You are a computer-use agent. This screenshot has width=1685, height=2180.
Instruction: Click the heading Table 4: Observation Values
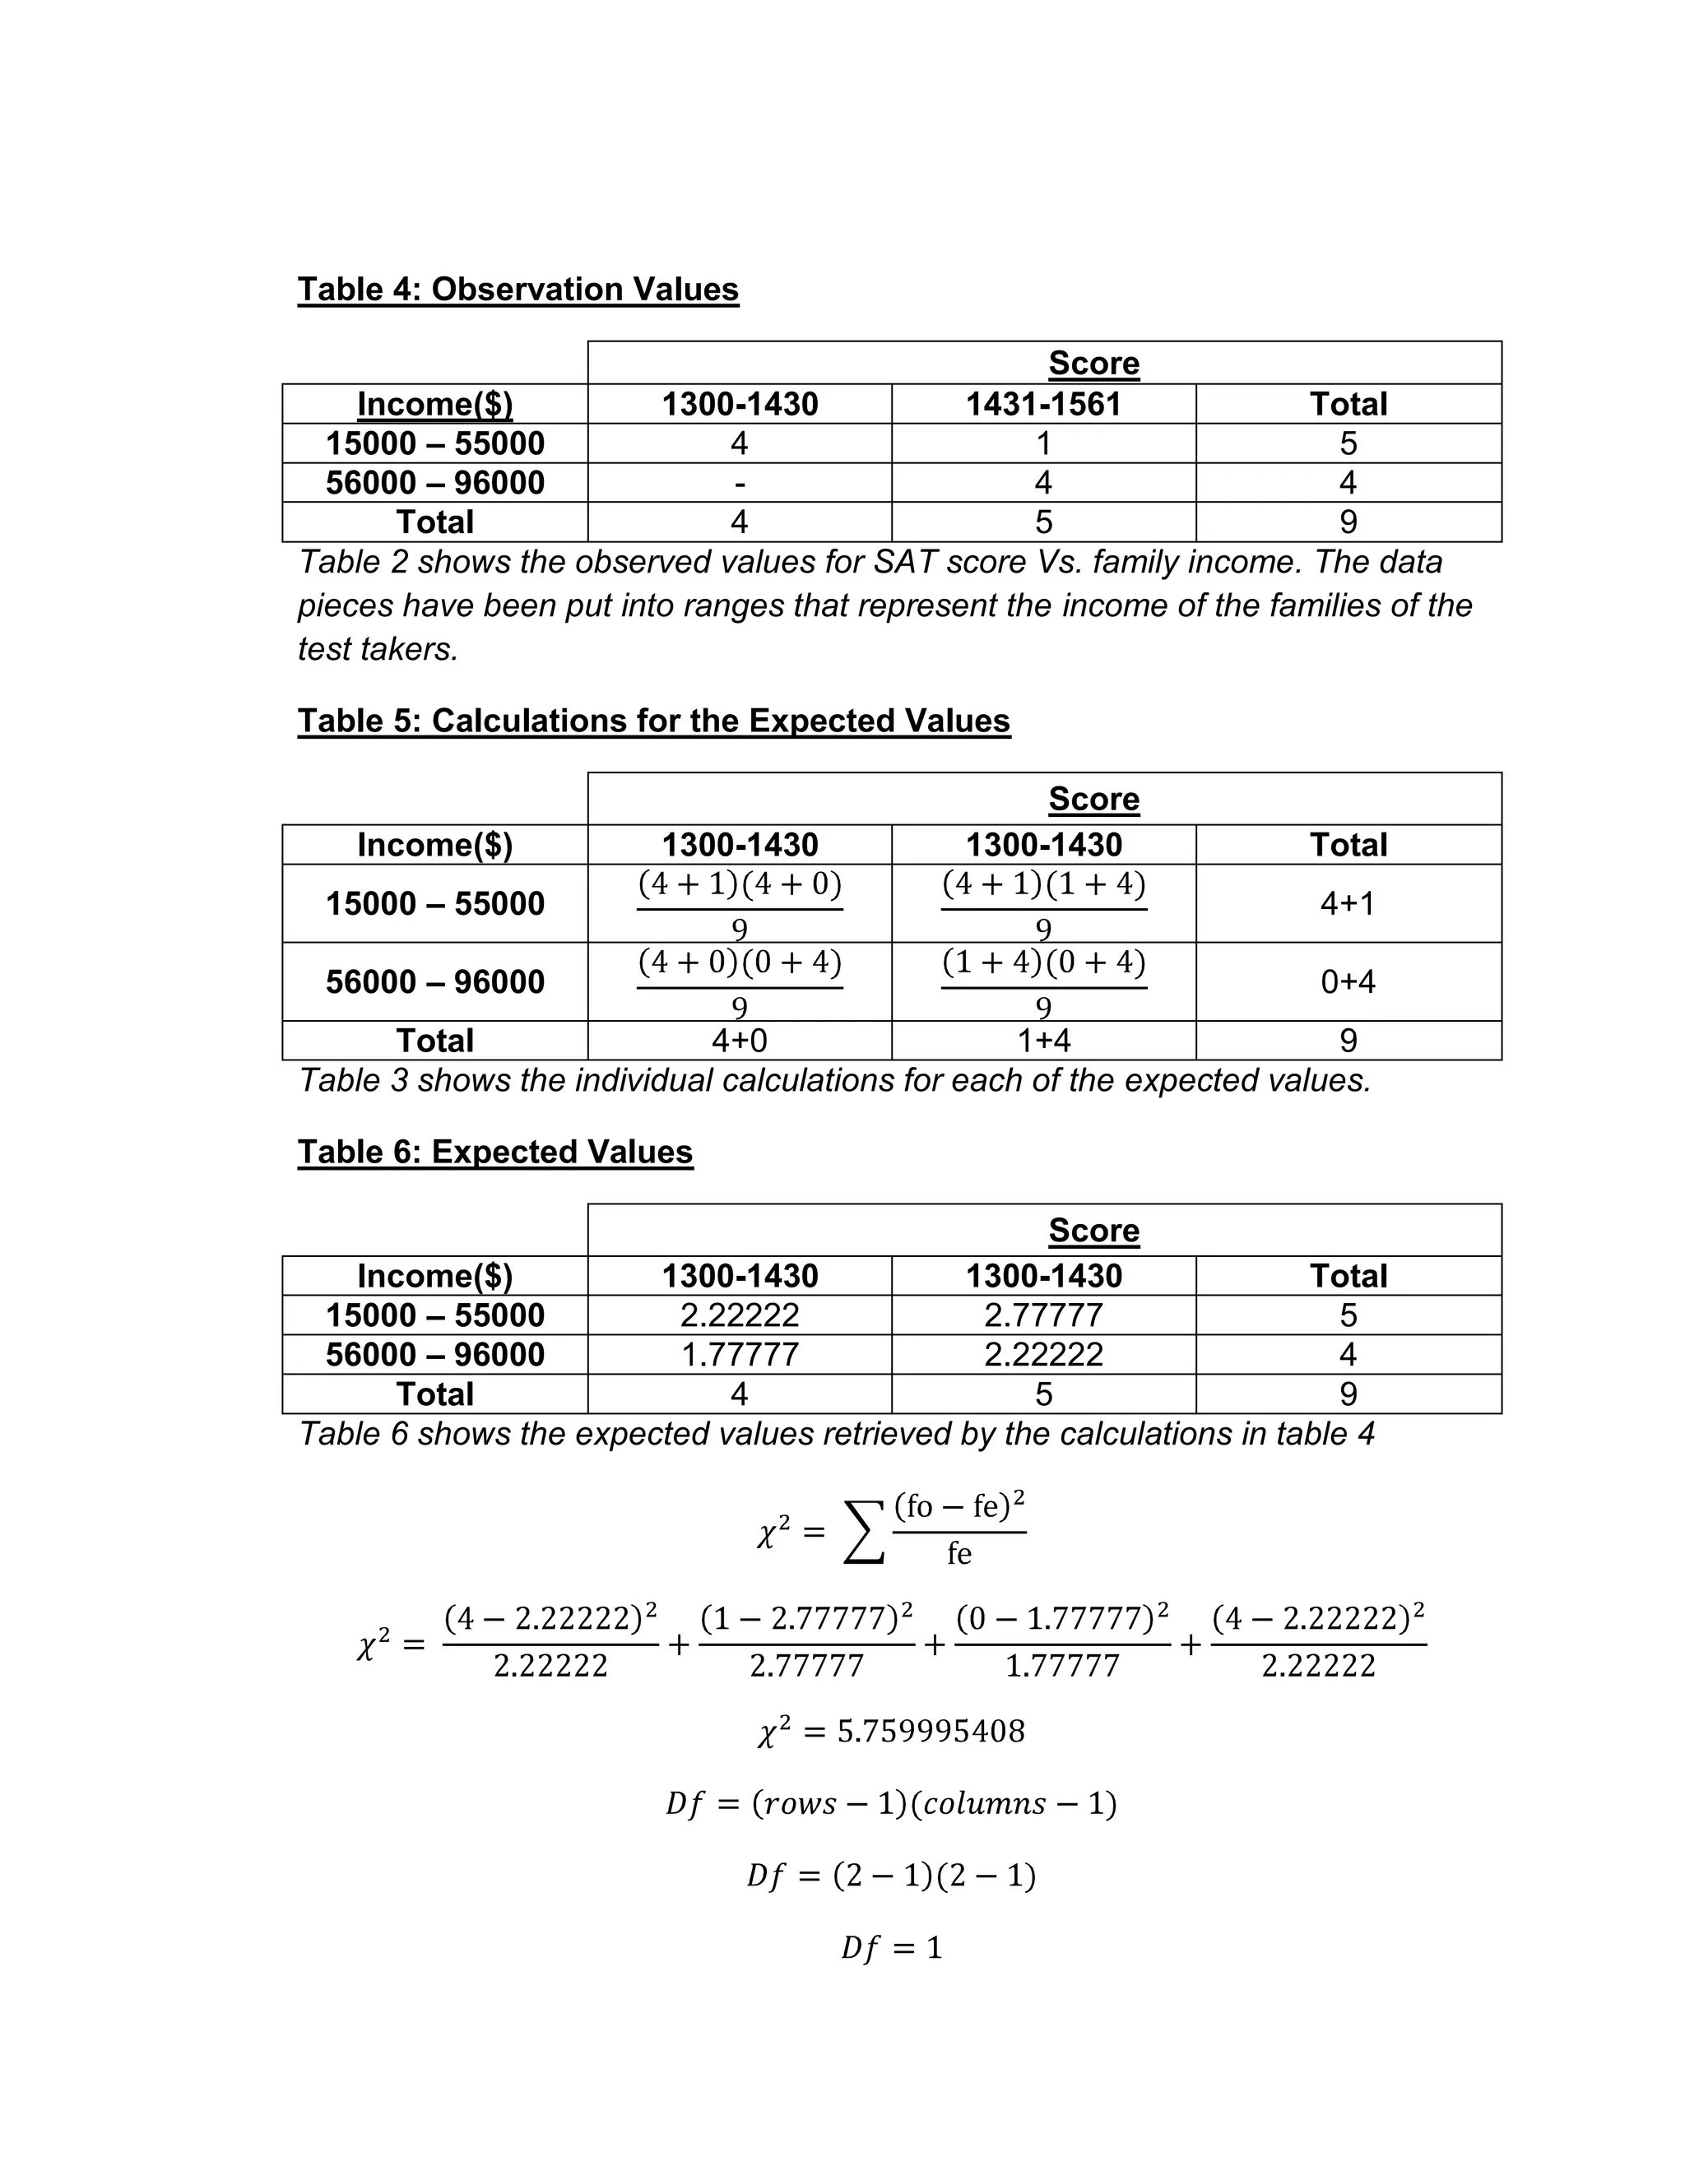pos(518,290)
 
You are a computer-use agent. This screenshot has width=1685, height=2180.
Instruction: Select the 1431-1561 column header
pos(1043,404)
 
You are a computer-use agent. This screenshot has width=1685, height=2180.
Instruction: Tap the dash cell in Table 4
pos(740,483)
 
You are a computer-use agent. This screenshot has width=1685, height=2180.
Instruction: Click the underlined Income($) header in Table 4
pos(435,404)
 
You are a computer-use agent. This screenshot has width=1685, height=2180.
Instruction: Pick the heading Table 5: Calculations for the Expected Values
pos(654,721)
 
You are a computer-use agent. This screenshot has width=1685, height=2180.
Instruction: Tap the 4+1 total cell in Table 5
pos(1348,904)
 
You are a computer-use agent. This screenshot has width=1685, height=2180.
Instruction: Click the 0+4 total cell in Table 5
pos(1348,982)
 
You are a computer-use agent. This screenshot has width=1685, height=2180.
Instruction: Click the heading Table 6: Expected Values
pos(495,1152)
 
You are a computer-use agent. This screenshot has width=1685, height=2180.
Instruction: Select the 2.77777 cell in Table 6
pos(1043,1315)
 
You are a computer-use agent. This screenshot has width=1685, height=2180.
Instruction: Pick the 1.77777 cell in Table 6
pos(740,1355)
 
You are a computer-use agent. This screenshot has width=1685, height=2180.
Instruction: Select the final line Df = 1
pos(891,1947)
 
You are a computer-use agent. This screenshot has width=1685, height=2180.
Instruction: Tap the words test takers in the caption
pos(378,650)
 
